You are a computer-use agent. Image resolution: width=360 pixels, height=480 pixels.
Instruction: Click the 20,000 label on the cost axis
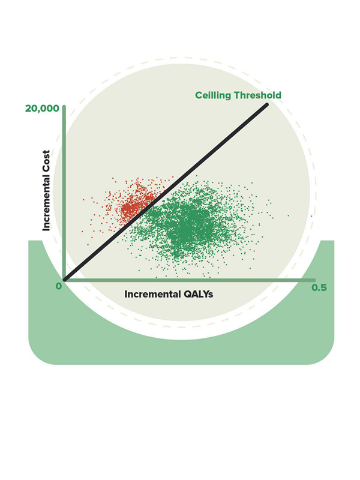click(x=42, y=109)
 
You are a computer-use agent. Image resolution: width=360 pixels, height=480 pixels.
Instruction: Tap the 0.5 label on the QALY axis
click(x=319, y=288)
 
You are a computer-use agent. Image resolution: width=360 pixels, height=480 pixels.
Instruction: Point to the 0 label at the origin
click(x=59, y=286)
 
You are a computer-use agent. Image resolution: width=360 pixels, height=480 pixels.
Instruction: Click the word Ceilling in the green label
click(x=213, y=95)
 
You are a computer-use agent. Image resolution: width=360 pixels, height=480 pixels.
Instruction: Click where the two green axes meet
click(x=64, y=280)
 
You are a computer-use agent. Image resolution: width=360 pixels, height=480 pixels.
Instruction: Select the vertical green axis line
click(x=64, y=180)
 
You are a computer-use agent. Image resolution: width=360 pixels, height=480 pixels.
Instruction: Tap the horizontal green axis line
click(x=192, y=280)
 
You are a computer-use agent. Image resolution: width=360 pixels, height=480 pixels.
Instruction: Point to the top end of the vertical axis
click(x=64, y=106)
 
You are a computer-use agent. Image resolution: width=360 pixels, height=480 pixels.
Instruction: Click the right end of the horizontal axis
click(x=314, y=280)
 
